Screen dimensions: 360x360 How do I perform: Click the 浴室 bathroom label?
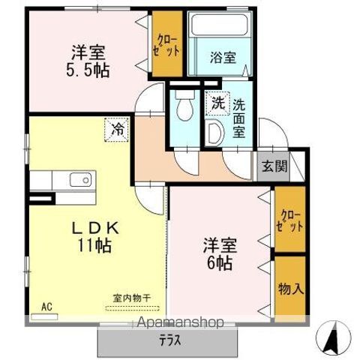pyautogui.click(x=223, y=57)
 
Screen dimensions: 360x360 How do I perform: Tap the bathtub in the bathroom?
pyautogui.click(x=220, y=24)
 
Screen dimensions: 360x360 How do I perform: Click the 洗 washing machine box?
pyautogui.click(x=217, y=103)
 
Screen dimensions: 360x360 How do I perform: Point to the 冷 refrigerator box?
pyautogui.click(x=117, y=130)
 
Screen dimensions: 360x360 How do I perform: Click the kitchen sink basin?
pyautogui.click(x=80, y=180)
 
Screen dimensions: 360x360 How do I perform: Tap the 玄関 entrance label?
pyautogui.click(x=274, y=166)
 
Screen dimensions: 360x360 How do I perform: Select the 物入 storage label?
pyautogui.click(x=290, y=289)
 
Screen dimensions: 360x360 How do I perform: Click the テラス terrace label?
pyautogui.click(x=170, y=340)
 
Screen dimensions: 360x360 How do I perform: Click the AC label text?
pyautogui.click(x=46, y=307)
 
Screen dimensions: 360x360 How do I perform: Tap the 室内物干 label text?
pyautogui.click(x=132, y=298)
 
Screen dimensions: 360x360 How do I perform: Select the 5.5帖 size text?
pyautogui.click(x=88, y=70)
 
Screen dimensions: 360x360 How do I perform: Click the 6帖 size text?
pyautogui.click(x=220, y=263)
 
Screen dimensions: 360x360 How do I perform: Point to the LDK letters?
pyautogui.click(x=95, y=228)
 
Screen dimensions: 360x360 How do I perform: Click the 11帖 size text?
pyautogui.click(x=94, y=245)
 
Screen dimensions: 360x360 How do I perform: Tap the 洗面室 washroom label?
pyautogui.click(x=238, y=119)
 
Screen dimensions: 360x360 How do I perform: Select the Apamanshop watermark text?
pyautogui.click(x=180, y=322)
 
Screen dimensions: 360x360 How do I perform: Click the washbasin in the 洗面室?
pyautogui.click(x=214, y=133)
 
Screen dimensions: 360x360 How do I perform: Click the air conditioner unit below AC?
pyautogui.click(x=43, y=316)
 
